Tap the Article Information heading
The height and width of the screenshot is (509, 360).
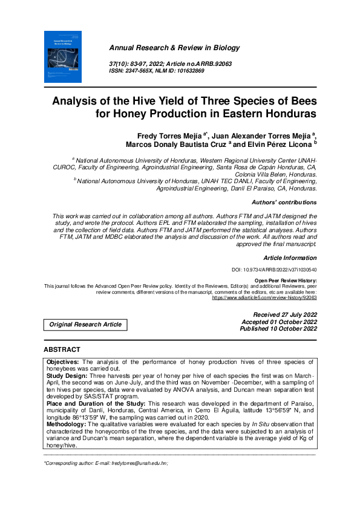[290, 258]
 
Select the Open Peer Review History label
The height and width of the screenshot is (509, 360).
[286, 280]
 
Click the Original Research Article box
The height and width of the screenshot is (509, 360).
[85, 325]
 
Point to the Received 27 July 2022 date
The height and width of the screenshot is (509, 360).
[285, 315]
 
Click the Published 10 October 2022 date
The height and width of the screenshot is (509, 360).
[278, 329]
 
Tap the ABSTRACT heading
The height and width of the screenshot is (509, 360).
[62, 349]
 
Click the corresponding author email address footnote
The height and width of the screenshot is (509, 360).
[105, 462]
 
